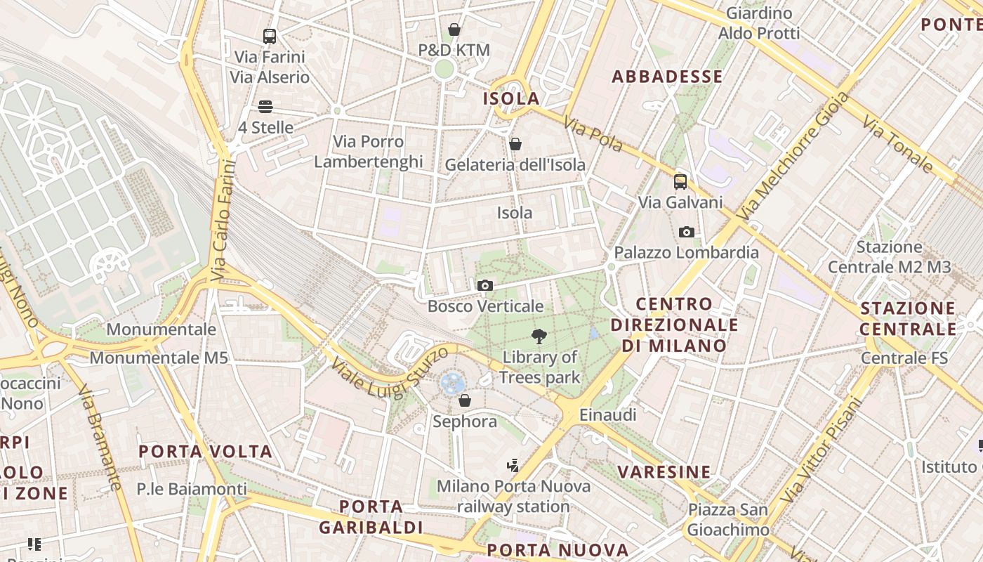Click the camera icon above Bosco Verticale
pos(484,285)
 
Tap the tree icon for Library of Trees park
pos(539,336)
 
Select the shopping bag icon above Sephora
pos(464,401)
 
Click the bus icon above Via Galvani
pos(680,182)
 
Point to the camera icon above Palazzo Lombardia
pos(687,232)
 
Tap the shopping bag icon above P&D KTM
pos(454,30)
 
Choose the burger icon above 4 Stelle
pos(265,107)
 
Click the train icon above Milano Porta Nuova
pos(513,465)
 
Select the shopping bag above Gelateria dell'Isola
pos(515,144)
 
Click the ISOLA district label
pos(511,99)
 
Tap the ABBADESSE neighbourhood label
pos(667,77)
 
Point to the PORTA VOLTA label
pos(205,451)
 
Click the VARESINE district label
pos(664,471)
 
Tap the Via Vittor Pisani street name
pos(821,450)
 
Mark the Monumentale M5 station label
pos(159,358)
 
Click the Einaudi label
pos(607,415)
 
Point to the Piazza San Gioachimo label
pos(728,519)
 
